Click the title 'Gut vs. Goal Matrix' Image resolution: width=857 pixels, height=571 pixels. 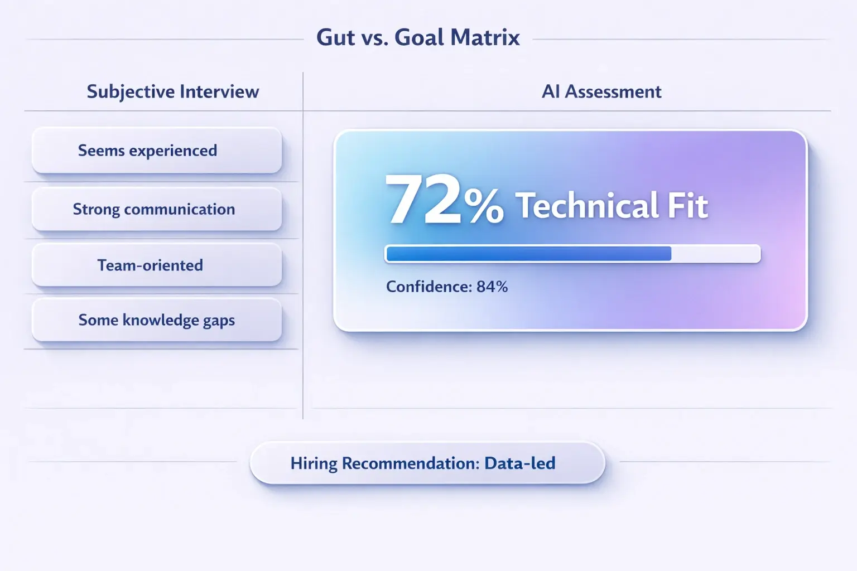click(x=418, y=38)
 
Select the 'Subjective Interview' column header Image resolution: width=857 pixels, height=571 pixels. click(x=172, y=91)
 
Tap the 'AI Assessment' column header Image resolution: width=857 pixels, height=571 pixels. click(x=601, y=91)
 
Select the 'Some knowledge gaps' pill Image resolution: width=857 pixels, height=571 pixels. click(x=157, y=320)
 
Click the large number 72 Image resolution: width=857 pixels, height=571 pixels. click(x=423, y=200)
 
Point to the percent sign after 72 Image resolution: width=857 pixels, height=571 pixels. click(x=483, y=206)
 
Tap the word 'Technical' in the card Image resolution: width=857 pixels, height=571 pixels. click(x=587, y=206)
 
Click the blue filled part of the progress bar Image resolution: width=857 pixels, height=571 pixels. click(x=528, y=254)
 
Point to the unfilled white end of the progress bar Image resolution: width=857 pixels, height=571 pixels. click(x=715, y=254)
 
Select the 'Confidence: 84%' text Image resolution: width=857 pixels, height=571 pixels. click(x=446, y=287)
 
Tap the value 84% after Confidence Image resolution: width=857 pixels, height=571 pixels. click(x=492, y=287)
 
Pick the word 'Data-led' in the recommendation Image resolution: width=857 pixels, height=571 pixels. click(x=519, y=463)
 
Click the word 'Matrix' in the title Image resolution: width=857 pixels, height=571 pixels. click(x=485, y=38)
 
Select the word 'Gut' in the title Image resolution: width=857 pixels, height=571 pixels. click(x=335, y=38)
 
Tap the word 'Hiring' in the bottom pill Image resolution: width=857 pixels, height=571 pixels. click(x=314, y=464)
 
